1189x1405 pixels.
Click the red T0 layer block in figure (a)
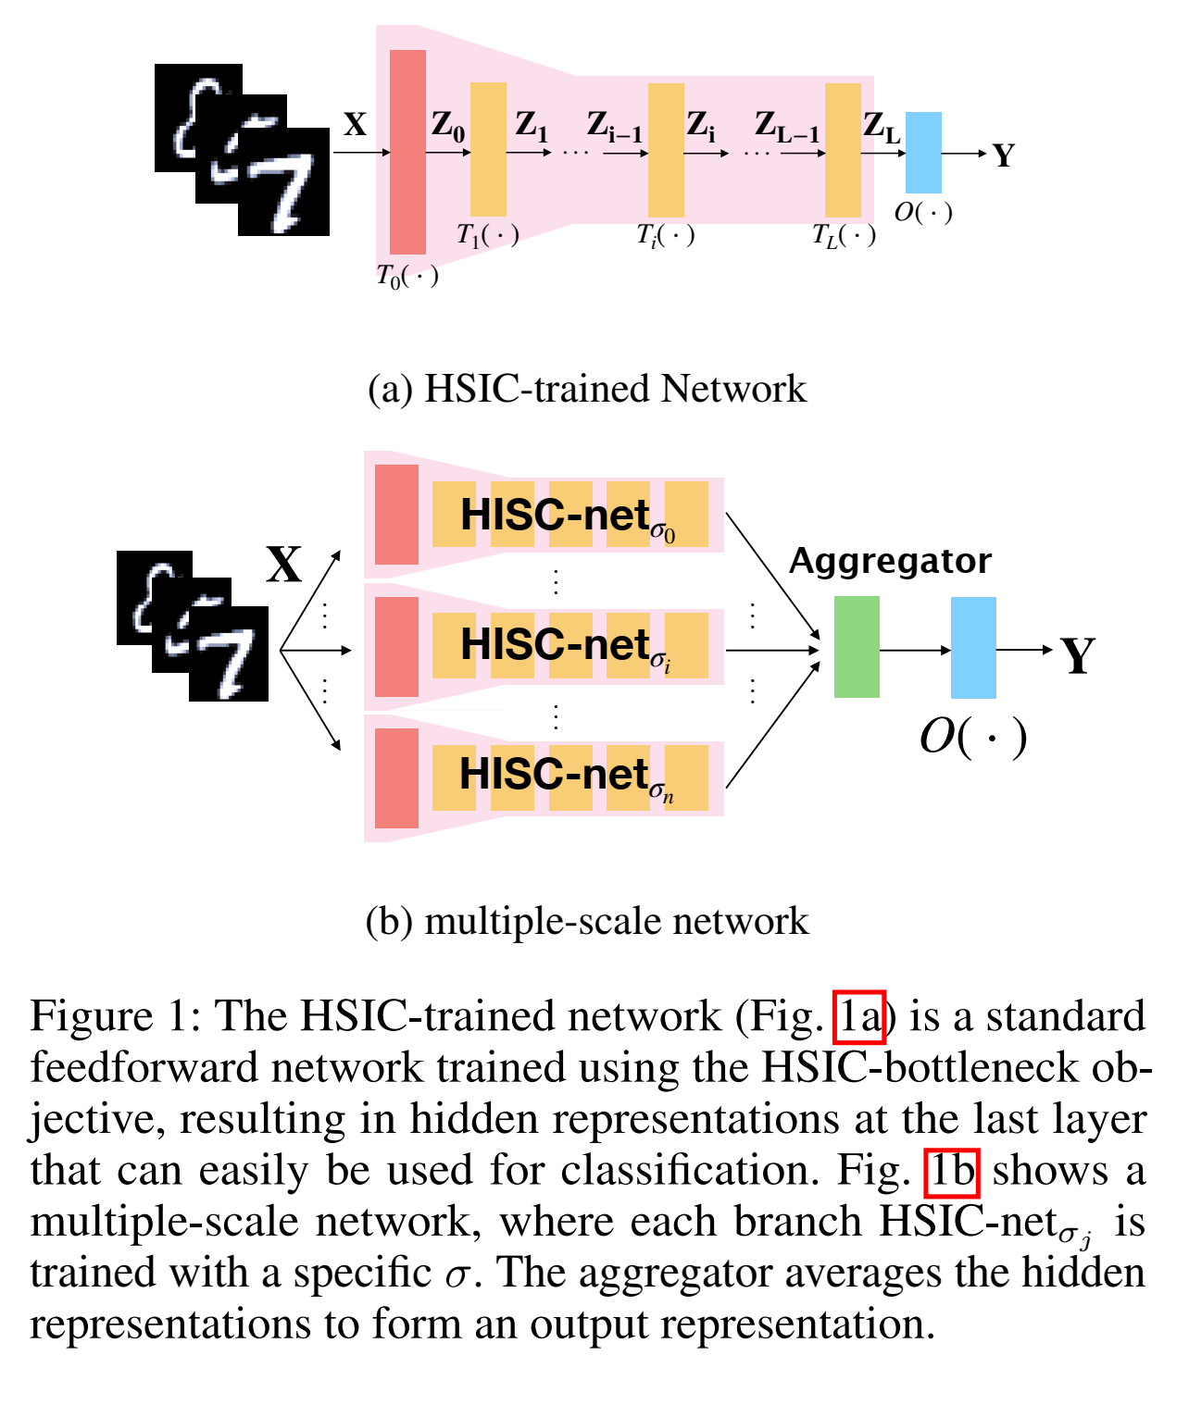click(407, 152)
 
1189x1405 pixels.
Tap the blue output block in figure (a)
click(922, 153)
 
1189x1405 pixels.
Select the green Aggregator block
click(857, 647)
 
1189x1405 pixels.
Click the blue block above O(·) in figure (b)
click(973, 647)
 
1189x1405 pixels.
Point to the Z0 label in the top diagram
click(448, 126)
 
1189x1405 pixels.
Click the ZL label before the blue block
click(881, 128)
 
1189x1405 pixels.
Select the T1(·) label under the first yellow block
click(487, 235)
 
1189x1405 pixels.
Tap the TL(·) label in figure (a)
click(844, 236)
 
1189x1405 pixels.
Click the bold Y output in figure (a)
click(1004, 155)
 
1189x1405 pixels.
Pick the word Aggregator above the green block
click(890, 561)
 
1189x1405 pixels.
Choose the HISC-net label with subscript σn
click(566, 776)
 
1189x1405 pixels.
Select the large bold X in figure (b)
click(284, 564)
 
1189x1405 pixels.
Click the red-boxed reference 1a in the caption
click(860, 1017)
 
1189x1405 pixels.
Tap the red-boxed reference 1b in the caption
click(952, 1171)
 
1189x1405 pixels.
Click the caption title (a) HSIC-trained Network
click(587, 389)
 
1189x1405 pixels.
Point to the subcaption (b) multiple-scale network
click(587, 921)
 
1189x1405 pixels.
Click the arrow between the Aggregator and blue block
click(915, 650)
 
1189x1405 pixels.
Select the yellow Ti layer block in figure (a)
click(666, 150)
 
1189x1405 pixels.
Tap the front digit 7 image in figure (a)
click(283, 182)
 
